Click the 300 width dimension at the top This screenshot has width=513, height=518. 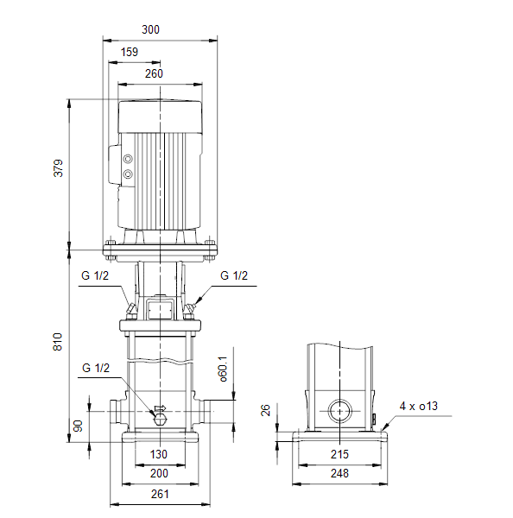(150, 29)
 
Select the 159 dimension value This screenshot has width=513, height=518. (130, 52)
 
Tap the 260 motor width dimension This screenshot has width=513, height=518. (154, 73)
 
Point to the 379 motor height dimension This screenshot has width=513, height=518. (58, 168)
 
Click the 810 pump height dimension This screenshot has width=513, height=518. (58, 342)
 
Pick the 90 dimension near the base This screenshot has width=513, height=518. (78, 426)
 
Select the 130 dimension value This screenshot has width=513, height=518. (159, 454)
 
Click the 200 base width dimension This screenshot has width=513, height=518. (159, 473)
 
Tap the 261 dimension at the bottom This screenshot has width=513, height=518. (160, 494)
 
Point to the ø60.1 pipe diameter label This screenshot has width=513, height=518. (224, 369)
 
